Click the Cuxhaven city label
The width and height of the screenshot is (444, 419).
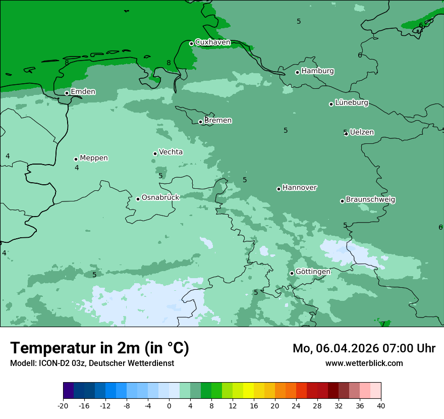(x=212, y=42)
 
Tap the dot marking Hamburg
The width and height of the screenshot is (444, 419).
(x=298, y=72)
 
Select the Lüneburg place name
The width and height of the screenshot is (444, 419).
(x=352, y=103)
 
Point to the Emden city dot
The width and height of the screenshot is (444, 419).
(x=67, y=93)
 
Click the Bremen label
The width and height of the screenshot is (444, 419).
(x=218, y=121)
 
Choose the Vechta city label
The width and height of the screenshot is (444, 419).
(x=171, y=152)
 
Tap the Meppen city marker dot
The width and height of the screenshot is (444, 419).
(x=76, y=159)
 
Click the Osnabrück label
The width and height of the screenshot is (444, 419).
(x=160, y=198)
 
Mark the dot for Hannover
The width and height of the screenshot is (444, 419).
(x=279, y=189)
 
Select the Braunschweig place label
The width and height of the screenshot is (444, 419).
(x=370, y=200)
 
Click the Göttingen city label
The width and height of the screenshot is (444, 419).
(x=313, y=272)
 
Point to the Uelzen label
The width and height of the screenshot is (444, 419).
(x=362, y=133)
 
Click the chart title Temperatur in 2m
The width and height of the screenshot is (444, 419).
(x=99, y=348)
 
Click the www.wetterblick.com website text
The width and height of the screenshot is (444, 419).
(x=364, y=363)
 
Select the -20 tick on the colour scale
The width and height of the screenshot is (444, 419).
(x=63, y=405)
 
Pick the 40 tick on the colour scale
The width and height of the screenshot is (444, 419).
(x=381, y=405)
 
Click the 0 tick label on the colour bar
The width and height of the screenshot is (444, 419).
(x=169, y=405)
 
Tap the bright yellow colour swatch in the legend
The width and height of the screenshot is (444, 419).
(x=248, y=391)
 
